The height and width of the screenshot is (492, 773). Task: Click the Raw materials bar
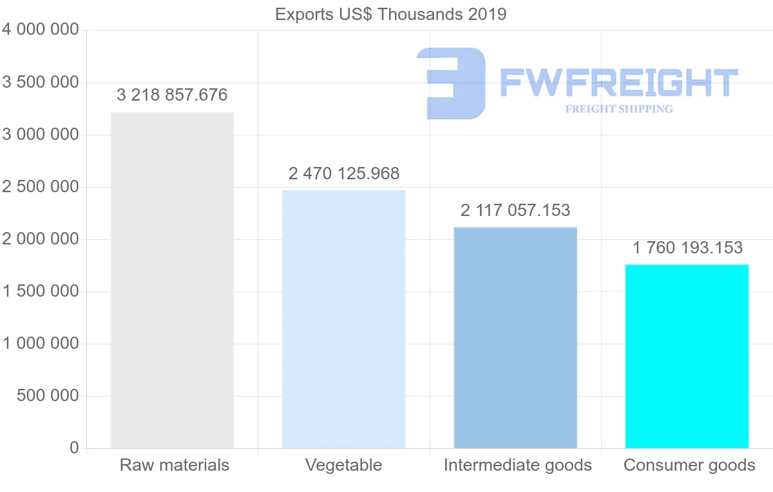[172, 280]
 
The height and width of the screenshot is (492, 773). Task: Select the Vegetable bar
[344, 319]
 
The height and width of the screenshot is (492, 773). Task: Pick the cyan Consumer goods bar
[687, 356]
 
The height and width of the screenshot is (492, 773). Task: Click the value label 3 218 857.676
[172, 95]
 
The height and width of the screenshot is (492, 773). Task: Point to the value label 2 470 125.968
[344, 173]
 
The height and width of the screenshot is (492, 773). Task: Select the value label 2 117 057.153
[515, 210]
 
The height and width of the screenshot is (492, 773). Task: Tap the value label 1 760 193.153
[687, 248]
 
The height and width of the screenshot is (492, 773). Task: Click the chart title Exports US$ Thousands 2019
[390, 14]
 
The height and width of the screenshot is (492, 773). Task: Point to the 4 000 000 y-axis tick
[40, 30]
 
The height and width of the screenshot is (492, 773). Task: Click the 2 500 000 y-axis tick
[40, 187]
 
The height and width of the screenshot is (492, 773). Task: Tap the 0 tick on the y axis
[74, 448]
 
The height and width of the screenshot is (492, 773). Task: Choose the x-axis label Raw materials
[174, 465]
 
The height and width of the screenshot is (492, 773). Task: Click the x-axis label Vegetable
[343, 465]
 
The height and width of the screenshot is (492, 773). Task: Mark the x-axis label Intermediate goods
[517, 465]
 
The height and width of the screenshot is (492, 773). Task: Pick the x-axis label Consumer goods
[689, 465]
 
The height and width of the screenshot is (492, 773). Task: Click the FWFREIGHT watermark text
[618, 83]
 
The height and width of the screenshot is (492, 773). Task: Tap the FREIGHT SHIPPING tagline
[618, 108]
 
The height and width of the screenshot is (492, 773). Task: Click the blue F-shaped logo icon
[451, 83]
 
